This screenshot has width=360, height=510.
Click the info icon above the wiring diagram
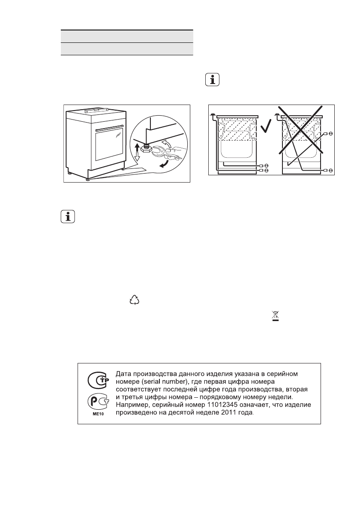[211, 80]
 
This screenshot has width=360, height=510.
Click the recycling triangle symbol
[135, 300]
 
